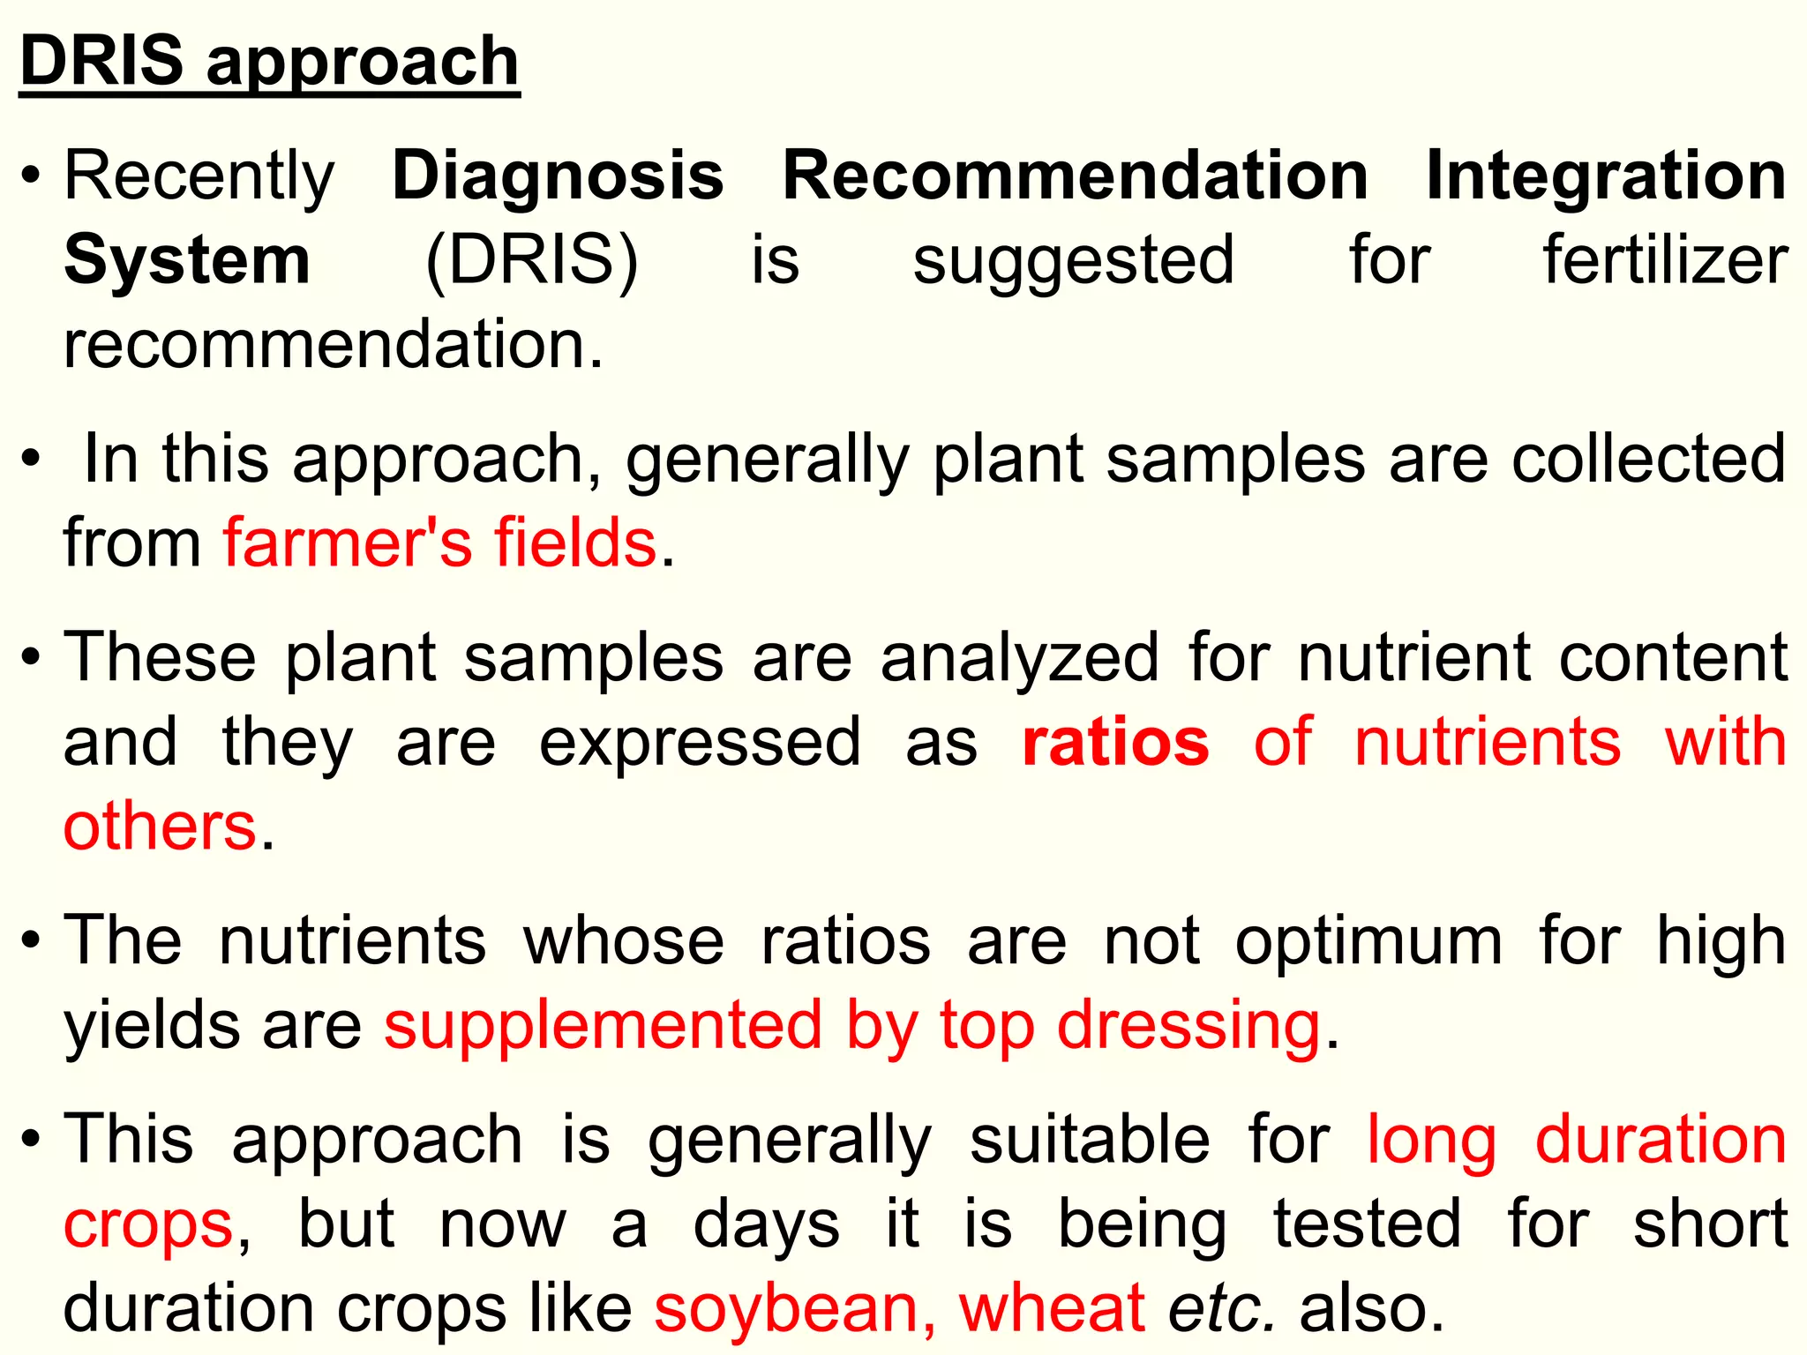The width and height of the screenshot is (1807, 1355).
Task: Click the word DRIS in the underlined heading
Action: (x=101, y=62)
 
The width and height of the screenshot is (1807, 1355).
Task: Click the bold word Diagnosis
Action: (x=558, y=176)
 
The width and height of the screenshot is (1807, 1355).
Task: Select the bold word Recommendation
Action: (x=1076, y=176)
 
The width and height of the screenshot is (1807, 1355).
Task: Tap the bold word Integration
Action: (x=1606, y=176)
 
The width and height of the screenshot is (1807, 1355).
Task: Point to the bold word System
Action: (x=187, y=261)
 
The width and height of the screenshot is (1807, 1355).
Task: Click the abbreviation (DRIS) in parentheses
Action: (x=531, y=261)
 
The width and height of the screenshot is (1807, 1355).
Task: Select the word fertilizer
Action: (x=1665, y=261)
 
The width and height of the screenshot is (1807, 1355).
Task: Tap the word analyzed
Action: (x=1020, y=658)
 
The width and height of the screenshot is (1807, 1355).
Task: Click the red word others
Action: (x=160, y=827)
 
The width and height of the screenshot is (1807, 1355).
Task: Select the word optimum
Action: (x=1368, y=941)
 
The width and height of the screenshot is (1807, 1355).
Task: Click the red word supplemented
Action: (x=603, y=1026)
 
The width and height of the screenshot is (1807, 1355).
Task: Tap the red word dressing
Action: (x=1188, y=1026)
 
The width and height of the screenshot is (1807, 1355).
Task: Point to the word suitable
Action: (x=1090, y=1140)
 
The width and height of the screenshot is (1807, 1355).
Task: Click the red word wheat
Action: (x=1052, y=1307)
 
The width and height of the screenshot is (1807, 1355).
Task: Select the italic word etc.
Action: (x=1222, y=1307)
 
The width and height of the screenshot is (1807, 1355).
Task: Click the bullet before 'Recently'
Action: (x=31, y=175)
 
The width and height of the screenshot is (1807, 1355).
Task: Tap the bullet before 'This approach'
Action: (x=31, y=1139)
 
